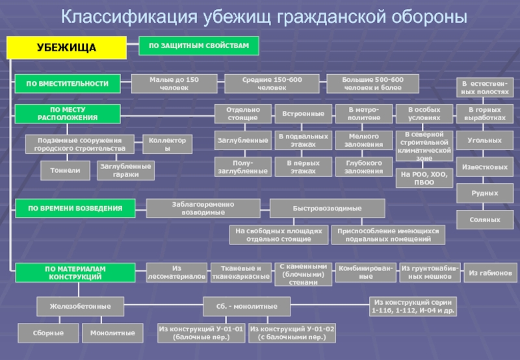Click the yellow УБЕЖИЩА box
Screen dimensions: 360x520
[x=66, y=47]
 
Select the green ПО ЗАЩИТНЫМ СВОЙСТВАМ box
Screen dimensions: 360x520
[x=199, y=45]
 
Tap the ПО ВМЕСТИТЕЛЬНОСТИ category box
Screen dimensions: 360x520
[x=68, y=83]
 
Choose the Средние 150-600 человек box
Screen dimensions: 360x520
[x=272, y=83]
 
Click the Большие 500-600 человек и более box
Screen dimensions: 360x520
[x=372, y=83]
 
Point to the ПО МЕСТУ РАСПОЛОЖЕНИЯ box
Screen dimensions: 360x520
[x=68, y=114]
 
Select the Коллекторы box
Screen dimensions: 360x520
[x=168, y=144]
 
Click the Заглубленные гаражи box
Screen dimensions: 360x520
[x=125, y=170]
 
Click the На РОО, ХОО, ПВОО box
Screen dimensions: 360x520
[x=424, y=178]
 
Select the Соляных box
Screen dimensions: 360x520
[x=485, y=220]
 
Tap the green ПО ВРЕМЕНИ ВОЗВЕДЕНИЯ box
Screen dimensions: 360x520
[x=75, y=208]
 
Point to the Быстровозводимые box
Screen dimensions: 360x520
[x=327, y=208]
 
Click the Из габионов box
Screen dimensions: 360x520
[x=490, y=272]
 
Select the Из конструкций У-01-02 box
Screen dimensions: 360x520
[x=292, y=333]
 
